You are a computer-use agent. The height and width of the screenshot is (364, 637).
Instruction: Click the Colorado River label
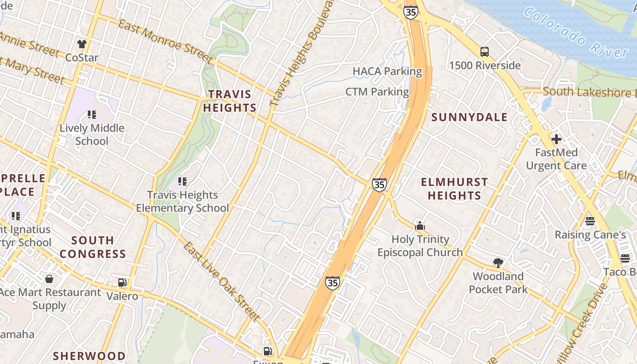tap(576, 33)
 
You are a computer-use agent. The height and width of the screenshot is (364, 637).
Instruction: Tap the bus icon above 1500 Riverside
tap(485, 52)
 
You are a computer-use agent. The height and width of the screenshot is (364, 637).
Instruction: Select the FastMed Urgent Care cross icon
tap(556, 139)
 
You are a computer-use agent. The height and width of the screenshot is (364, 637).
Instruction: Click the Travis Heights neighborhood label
tap(230, 101)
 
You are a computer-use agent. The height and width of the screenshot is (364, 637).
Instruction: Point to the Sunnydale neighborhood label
tap(469, 117)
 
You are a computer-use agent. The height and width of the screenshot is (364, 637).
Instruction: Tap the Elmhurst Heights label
tap(454, 189)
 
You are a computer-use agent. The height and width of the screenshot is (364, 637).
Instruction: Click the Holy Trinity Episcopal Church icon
tap(420, 226)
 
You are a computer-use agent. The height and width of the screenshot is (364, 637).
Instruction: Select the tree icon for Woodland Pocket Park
tap(498, 263)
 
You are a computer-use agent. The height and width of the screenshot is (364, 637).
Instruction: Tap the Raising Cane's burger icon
tap(590, 222)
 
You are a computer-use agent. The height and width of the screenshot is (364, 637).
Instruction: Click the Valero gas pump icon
tap(122, 283)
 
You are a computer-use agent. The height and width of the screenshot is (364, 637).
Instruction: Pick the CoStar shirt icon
tap(82, 44)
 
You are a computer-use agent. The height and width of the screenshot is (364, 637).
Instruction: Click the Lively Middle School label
tap(92, 134)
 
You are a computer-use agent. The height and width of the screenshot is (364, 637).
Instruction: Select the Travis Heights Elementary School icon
tap(182, 182)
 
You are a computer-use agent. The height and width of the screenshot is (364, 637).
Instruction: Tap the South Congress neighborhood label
tap(92, 247)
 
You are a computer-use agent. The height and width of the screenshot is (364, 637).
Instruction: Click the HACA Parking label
tap(387, 71)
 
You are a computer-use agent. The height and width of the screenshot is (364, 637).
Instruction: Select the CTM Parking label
tap(377, 92)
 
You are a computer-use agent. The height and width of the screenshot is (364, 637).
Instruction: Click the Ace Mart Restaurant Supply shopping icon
tap(49, 279)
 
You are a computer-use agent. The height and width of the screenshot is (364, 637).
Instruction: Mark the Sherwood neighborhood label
tap(89, 356)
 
